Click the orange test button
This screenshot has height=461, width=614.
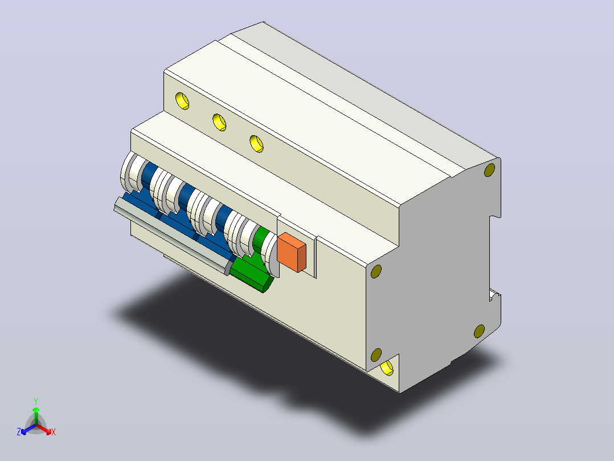[x=292, y=252]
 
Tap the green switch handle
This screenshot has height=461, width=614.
[x=252, y=272]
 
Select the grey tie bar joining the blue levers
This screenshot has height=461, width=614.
[x=172, y=236]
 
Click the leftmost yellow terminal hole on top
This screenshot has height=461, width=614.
[x=182, y=101]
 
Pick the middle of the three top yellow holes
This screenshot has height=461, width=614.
[x=220, y=122]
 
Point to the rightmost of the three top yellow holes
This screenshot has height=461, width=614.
[x=256, y=144]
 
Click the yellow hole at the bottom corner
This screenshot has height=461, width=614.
[x=387, y=367]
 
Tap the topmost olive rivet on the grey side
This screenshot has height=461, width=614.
[x=489, y=170]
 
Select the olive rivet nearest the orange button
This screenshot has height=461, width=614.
[x=376, y=271]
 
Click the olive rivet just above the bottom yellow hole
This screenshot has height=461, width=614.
[x=376, y=355]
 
